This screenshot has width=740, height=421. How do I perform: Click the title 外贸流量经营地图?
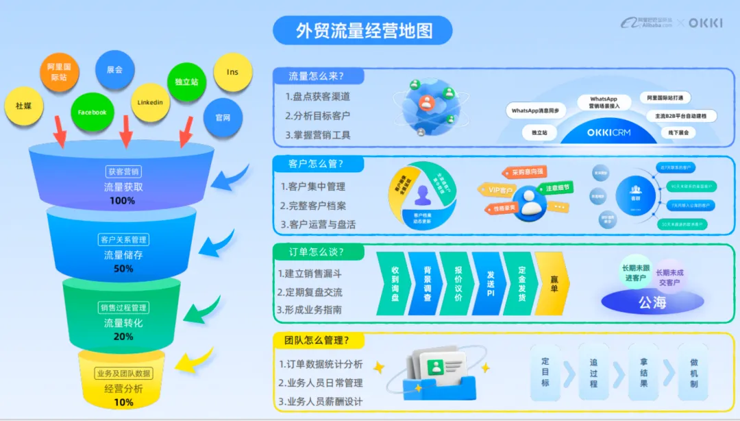pyautogui.click(x=362, y=31)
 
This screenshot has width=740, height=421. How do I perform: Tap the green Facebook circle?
pyautogui.click(x=92, y=112)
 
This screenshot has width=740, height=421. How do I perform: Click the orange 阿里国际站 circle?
pyautogui.click(x=59, y=72)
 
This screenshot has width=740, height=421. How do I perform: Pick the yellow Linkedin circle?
pyautogui.click(x=150, y=103)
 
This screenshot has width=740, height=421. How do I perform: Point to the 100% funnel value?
pyautogui.click(x=122, y=201)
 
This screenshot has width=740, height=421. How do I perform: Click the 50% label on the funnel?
pyautogui.click(x=123, y=269)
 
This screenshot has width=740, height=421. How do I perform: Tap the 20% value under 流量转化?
pyautogui.click(x=123, y=337)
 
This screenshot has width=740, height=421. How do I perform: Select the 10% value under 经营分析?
pyautogui.click(x=124, y=402)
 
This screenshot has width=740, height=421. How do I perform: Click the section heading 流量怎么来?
pyautogui.click(x=317, y=76)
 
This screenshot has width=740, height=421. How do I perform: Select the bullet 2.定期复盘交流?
pyautogui.click(x=310, y=292)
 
